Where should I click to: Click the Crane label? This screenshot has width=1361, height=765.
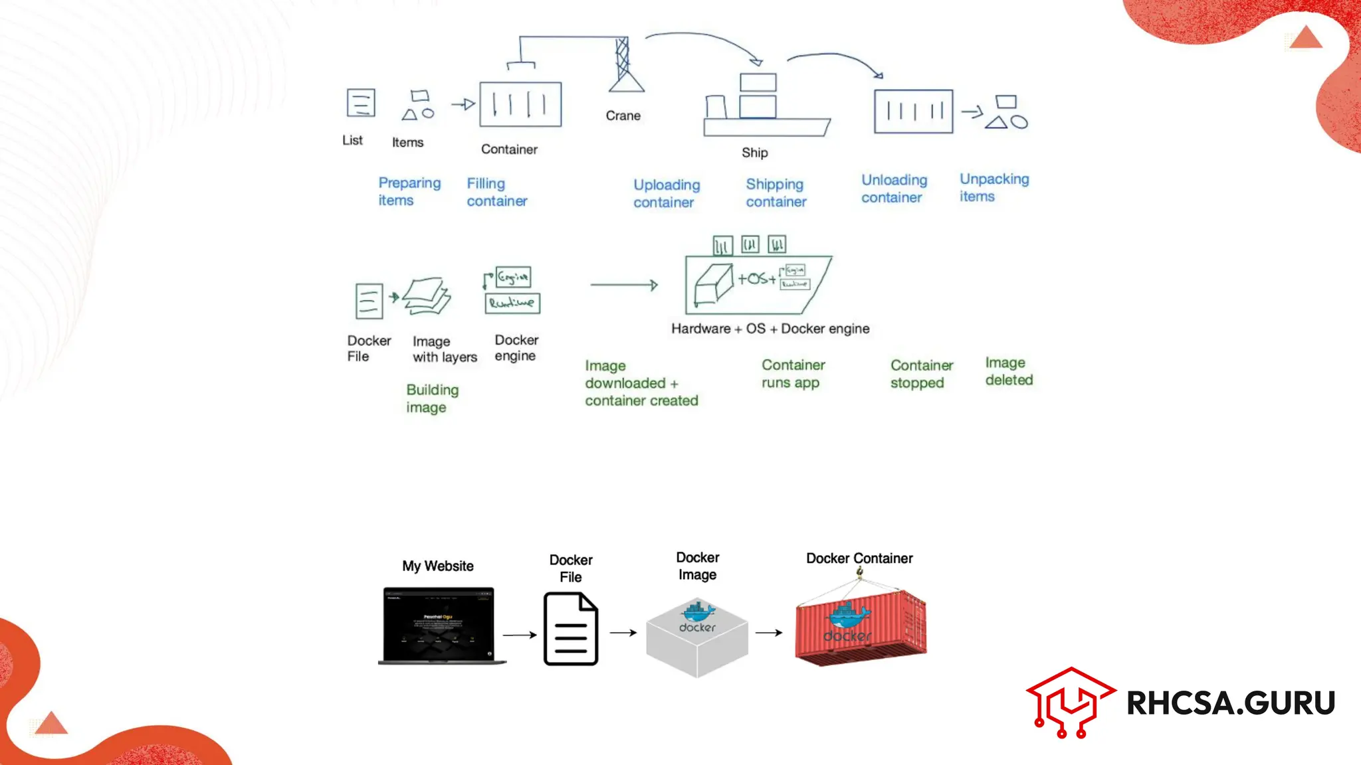(623, 116)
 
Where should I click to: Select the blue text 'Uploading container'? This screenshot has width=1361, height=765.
(666, 193)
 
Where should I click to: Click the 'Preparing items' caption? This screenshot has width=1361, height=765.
(409, 191)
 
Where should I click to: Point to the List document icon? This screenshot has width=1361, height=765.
(361, 103)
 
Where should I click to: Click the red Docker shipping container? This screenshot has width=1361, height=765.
(860, 628)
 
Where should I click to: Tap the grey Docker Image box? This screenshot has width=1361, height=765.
(697, 637)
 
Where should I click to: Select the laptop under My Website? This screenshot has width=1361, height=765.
(439, 625)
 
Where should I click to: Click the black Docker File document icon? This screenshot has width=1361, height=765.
(571, 629)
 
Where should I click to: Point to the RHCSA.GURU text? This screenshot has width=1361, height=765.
(1230, 703)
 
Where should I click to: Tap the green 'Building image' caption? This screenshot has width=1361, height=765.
(432, 398)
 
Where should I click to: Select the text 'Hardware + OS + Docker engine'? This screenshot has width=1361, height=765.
(770, 329)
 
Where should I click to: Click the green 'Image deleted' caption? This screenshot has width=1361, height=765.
(1008, 371)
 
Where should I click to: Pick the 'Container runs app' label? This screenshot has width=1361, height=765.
(793, 373)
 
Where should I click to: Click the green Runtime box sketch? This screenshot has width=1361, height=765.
(512, 303)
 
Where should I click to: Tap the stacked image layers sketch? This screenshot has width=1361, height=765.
(427, 296)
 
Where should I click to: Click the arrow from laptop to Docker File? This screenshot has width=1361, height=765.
(519, 635)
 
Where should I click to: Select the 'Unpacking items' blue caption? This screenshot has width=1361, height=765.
(994, 187)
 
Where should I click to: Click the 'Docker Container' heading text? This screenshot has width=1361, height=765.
(859, 558)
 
